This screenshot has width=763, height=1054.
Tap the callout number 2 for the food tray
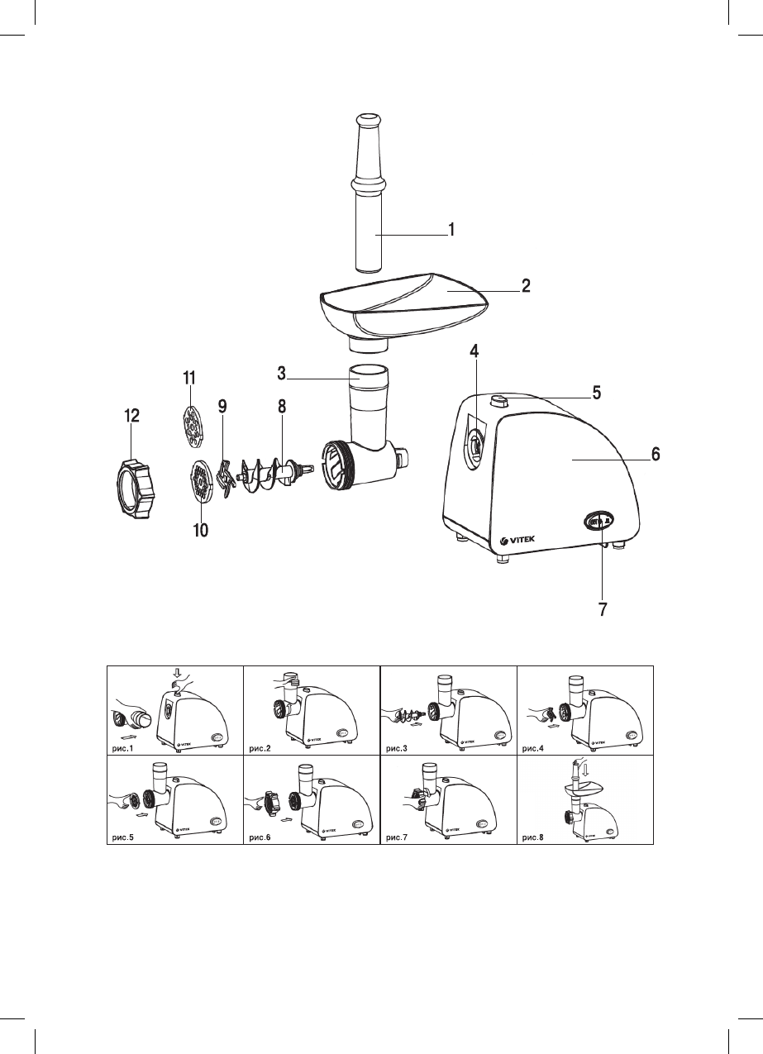click(525, 286)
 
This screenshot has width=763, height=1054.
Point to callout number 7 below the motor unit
click(603, 610)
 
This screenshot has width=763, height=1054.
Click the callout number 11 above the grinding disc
click(188, 378)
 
